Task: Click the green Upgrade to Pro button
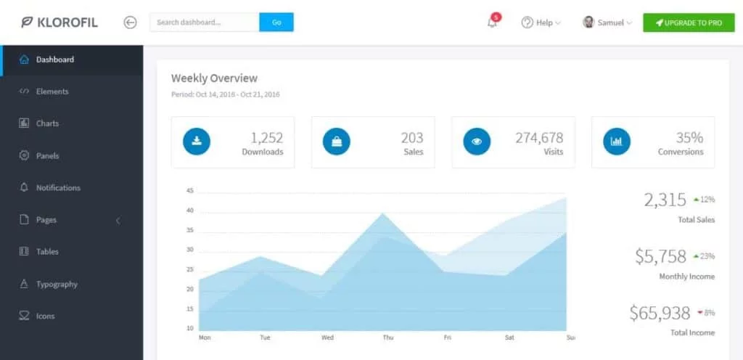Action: [x=689, y=22]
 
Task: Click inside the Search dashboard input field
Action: [x=204, y=22]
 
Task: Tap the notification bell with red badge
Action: [x=493, y=22]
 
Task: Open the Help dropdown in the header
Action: [x=541, y=22]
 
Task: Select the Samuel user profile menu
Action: [x=607, y=22]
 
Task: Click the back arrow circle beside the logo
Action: [x=131, y=22]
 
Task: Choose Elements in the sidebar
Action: [x=52, y=91]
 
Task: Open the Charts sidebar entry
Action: [x=47, y=123]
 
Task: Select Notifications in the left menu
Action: [x=58, y=187]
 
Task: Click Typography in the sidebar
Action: [x=57, y=284]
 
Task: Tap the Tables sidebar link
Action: [x=47, y=251]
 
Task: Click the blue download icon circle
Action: [x=196, y=142]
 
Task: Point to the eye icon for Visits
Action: [x=476, y=142]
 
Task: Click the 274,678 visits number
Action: [x=539, y=137]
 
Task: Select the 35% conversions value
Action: [x=689, y=137]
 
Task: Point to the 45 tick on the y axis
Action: [x=190, y=191]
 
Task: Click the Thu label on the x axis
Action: [x=388, y=337]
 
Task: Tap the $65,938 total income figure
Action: [x=660, y=313]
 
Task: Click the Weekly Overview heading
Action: [x=214, y=78]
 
